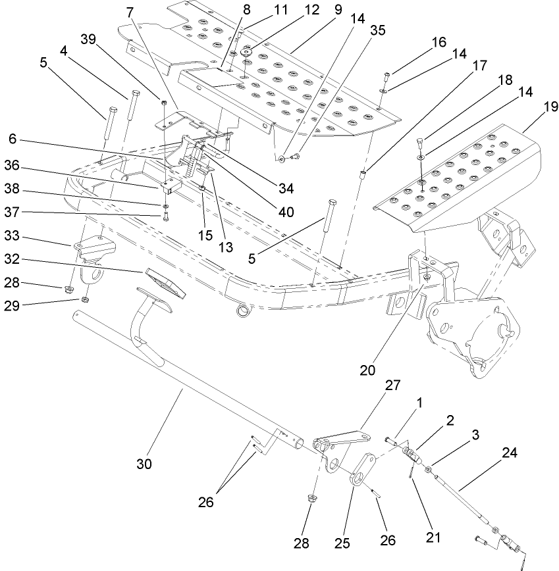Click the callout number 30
[144, 464]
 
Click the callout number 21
[432, 537]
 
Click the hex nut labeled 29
[84, 301]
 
